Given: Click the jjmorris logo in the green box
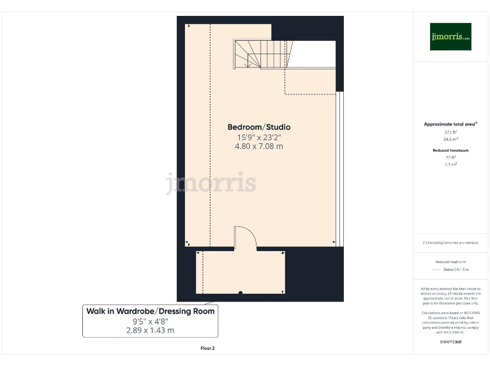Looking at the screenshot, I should tap(450, 37).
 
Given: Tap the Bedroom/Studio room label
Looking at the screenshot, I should tap(259, 127).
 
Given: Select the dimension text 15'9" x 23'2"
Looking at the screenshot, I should tap(259, 137).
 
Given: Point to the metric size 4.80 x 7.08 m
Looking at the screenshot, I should tap(259, 147).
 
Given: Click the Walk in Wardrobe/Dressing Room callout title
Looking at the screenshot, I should tap(151, 311).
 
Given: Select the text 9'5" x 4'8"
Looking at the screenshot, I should tap(151, 321).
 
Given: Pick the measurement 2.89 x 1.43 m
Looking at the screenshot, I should tap(151, 331).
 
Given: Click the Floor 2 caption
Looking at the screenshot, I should tap(208, 349).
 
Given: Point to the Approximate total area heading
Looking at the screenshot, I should tap(450, 124).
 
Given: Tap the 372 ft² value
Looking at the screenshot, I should tap(450, 132).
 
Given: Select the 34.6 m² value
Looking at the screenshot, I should tap(450, 138).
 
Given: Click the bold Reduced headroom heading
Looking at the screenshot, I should tap(450, 150).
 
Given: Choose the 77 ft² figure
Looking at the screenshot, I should tap(450, 157).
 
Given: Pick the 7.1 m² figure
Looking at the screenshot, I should tap(450, 164).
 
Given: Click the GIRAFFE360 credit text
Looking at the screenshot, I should tap(450, 343).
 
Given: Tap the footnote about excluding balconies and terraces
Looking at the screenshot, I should tap(450, 243).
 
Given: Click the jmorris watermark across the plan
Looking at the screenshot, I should tap(211, 183).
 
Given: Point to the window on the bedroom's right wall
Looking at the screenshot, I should tap(341, 168).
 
